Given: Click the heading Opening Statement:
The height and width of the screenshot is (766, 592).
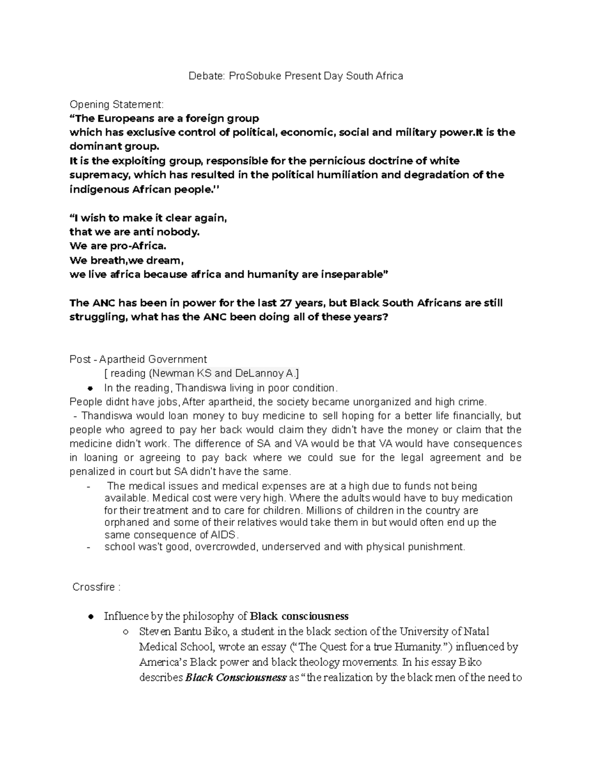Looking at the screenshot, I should pyautogui.click(x=116, y=105).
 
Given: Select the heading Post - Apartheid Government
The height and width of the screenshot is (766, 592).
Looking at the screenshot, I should pyautogui.click(x=138, y=360).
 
